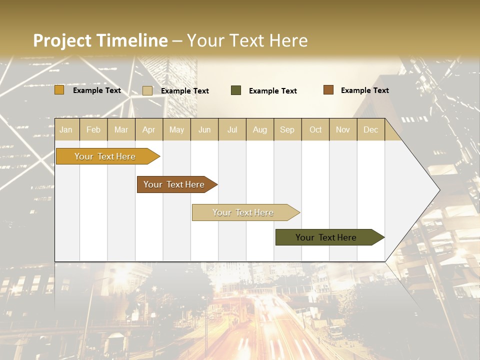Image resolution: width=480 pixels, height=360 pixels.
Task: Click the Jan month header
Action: tap(66, 130)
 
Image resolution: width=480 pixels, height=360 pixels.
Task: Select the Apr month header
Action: tap(148, 130)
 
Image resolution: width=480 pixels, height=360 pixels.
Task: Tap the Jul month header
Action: tap(232, 130)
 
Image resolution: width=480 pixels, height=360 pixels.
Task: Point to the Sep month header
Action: tap(287, 130)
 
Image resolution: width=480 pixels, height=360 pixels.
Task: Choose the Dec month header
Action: tap(370, 130)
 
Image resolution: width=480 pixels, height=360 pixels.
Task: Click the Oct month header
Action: tap(315, 130)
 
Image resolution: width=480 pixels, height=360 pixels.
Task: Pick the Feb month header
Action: tap(93, 130)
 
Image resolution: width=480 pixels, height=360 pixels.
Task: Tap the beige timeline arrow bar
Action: tap(243, 212)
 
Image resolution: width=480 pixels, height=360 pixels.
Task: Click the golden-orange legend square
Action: tap(59, 90)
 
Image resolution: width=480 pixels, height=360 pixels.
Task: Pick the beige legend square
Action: tap(147, 90)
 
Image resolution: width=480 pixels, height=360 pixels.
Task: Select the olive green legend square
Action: tap(236, 90)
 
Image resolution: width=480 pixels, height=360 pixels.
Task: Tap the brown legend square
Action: tap(328, 90)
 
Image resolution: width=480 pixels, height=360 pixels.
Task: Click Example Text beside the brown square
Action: tap(364, 90)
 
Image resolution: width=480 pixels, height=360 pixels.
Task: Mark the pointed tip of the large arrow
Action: tap(438, 190)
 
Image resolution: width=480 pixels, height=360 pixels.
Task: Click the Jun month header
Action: tap(204, 130)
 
